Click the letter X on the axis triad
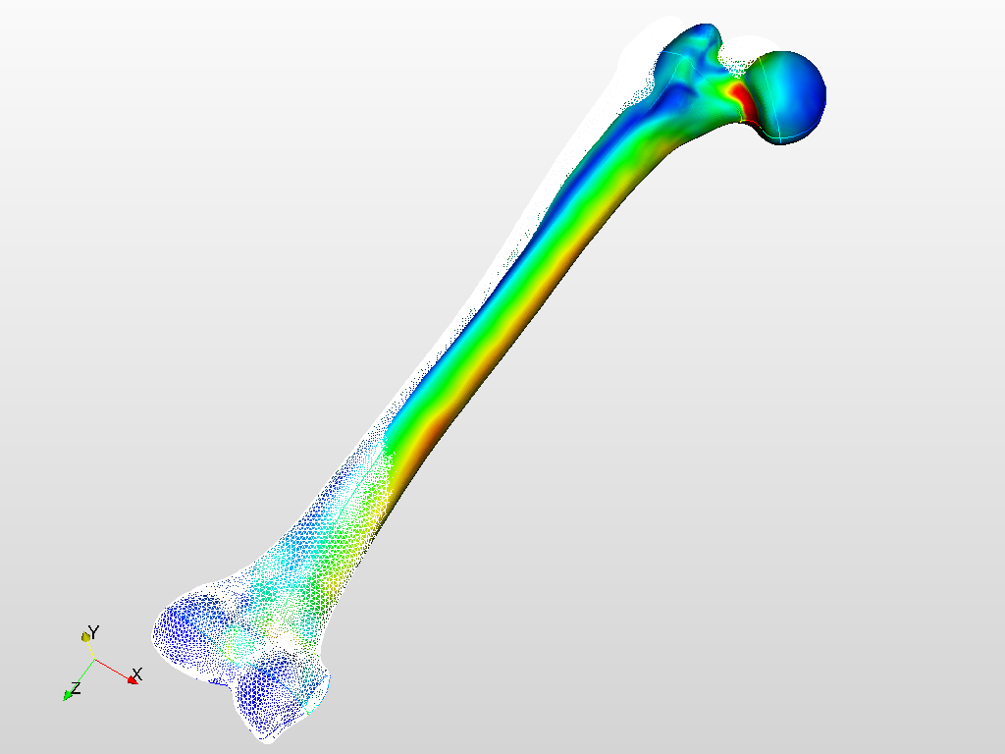click(x=136, y=673)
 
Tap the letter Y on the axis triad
click(x=94, y=633)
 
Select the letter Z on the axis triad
click(x=77, y=688)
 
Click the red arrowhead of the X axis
click(x=133, y=679)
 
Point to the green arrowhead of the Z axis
click(x=67, y=695)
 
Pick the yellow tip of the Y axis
click(x=85, y=636)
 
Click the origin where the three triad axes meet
click(x=95, y=660)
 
